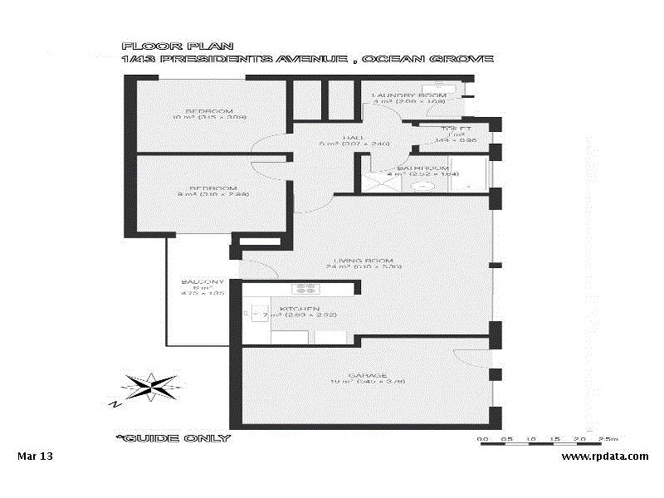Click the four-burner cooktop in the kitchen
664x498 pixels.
(305, 289)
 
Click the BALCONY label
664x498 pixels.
(203, 282)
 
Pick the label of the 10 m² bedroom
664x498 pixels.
(209, 111)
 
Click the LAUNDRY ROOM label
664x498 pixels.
(408, 95)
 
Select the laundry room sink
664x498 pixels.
(433, 87)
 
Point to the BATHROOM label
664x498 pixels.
(428, 168)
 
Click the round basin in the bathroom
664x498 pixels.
(424, 187)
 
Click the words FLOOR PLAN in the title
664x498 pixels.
(154, 47)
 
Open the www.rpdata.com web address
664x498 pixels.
(605, 456)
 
